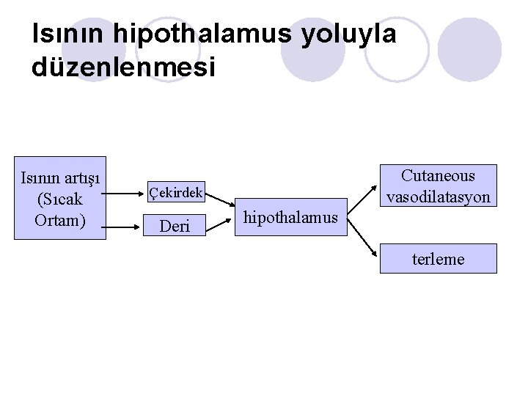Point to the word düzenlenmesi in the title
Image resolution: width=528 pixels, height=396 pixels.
pyautogui.click(x=124, y=67)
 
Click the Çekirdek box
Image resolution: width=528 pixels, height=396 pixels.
pyautogui.click(x=176, y=193)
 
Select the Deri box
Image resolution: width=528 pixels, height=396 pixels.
pyautogui.click(x=175, y=226)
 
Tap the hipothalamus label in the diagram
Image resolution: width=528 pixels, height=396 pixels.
pyautogui.click(x=290, y=217)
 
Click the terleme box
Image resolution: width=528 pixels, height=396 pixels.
pyautogui.click(x=438, y=259)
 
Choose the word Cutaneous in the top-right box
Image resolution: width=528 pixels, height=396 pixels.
pyautogui.click(x=438, y=176)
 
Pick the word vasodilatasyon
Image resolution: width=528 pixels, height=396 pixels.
pyautogui.click(x=438, y=197)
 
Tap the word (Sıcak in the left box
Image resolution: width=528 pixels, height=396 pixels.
pyautogui.click(x=61, y=199)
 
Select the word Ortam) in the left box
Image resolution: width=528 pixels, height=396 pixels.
pyautogui.click(x=61, y=220)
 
